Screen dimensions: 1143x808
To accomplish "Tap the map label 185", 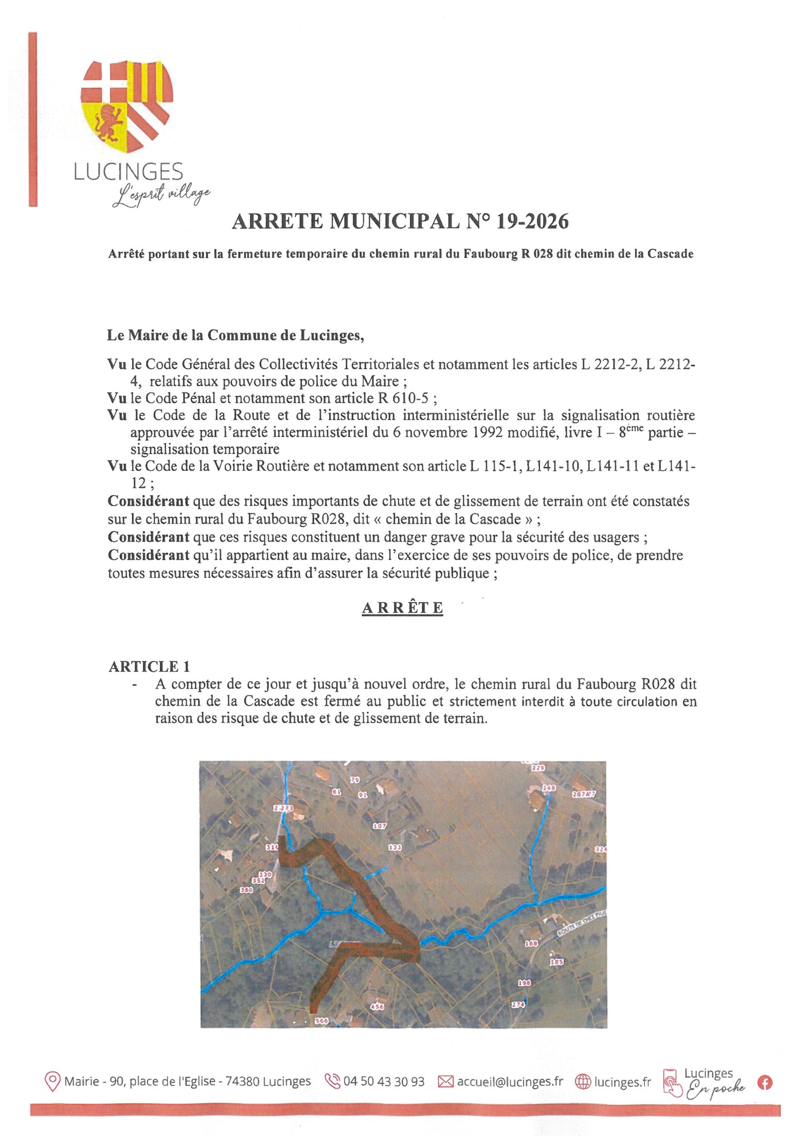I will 556,962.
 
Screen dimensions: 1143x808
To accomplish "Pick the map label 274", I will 518,1005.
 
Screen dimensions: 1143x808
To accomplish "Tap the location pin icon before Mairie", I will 52,1082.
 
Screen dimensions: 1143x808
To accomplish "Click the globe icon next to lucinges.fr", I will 582,1082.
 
